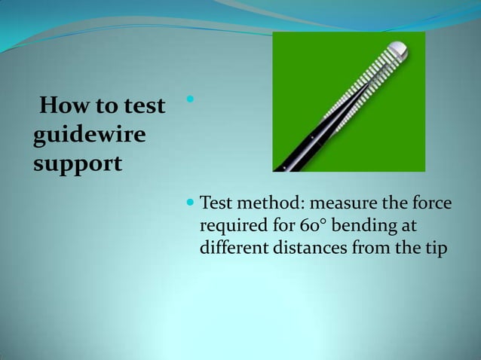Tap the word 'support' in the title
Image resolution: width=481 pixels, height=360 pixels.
(x=78, y=163)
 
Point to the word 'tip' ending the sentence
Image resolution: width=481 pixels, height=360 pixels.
(x=437, y=248)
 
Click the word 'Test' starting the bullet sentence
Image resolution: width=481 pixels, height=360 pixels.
(x=215, y=203)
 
